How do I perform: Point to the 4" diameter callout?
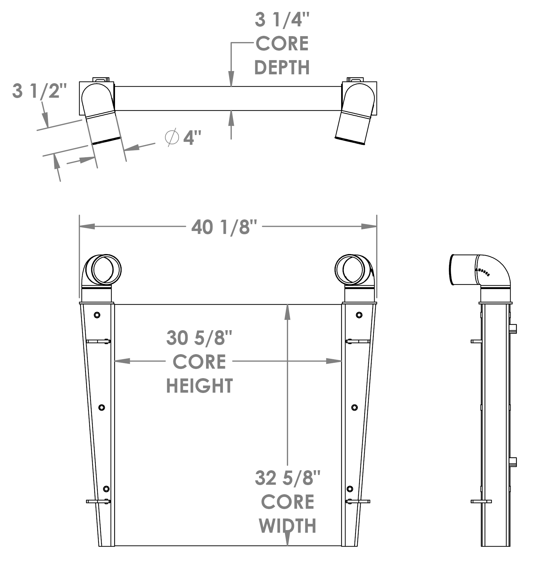pos(192,138)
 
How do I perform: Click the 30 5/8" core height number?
pos(199,338)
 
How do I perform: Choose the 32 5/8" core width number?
pos(288,478)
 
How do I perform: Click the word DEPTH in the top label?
pos(282,68)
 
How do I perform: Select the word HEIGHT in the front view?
pos(199,386)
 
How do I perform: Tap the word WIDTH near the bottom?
pos(288,526)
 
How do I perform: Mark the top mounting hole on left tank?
pos(97,315)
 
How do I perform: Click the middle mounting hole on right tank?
pos(354,408)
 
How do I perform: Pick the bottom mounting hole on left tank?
pos(106,489)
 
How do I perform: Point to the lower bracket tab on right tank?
pos(358,501)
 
